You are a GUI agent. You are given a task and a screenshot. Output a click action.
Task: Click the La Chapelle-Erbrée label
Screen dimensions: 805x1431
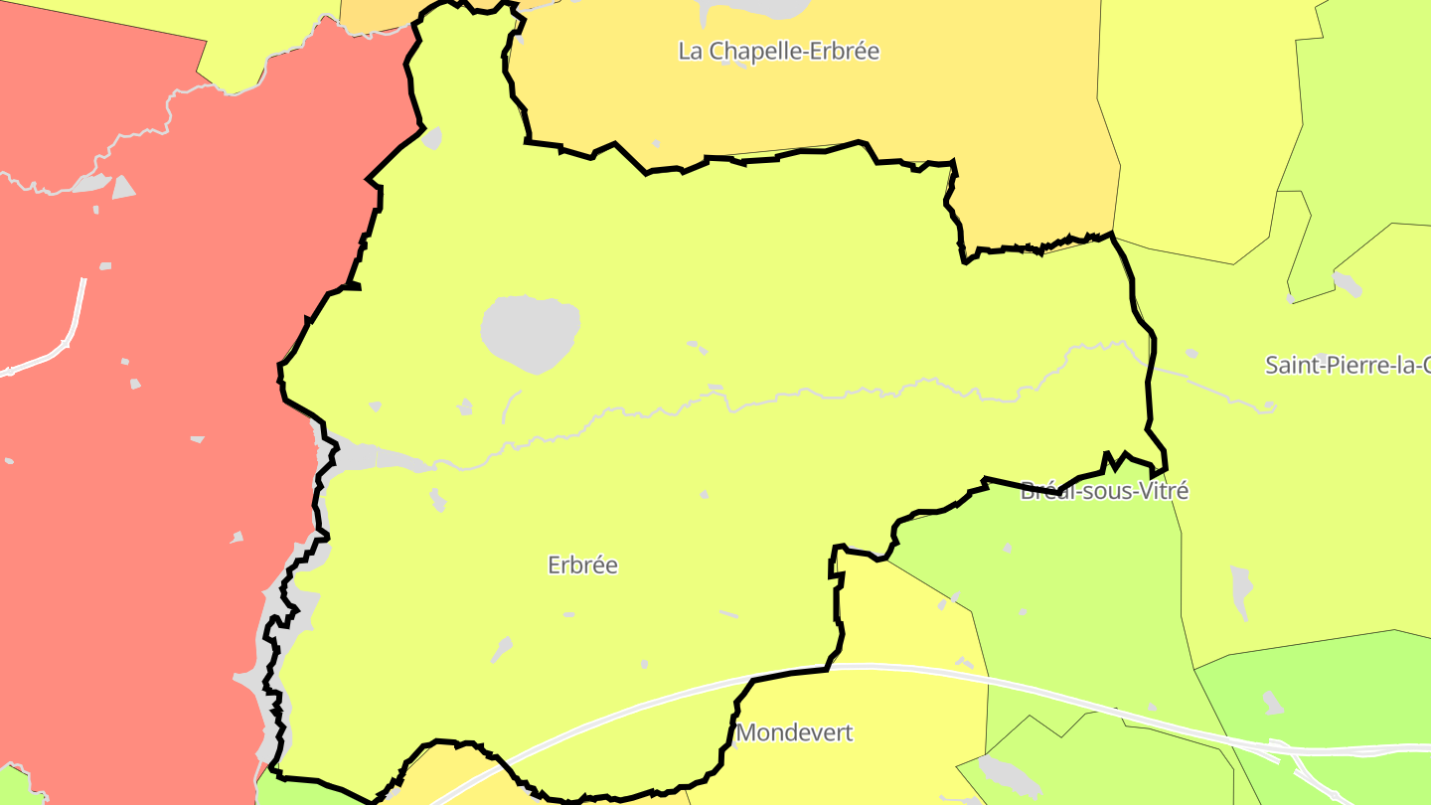pos(778,51)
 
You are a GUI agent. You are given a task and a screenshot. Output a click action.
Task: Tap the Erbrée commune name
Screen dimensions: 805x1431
pos(582,565)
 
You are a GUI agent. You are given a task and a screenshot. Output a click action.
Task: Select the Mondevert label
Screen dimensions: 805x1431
pos(794,733)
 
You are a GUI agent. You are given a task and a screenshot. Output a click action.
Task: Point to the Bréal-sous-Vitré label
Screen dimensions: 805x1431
pos(1104,491)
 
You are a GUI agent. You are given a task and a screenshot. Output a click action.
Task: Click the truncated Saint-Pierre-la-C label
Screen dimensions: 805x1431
pos(1347,365)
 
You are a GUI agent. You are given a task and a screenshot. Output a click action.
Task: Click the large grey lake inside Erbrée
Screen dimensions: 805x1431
pos(530,331)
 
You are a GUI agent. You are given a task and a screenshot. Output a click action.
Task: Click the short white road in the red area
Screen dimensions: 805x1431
pos(70,328)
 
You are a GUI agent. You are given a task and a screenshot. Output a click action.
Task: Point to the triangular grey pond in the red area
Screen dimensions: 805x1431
pos(122,188)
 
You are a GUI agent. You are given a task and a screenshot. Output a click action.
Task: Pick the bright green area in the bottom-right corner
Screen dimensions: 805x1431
pos(1322,686)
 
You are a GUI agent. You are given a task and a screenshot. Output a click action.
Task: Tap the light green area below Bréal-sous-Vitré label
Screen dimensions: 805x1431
pos(1073,596)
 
